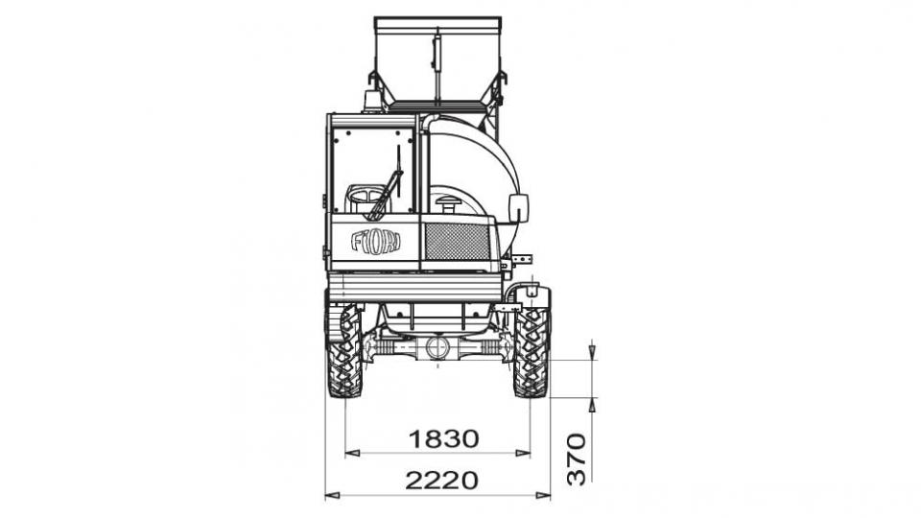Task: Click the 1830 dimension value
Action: point(443,438)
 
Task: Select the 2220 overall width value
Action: point(441,481)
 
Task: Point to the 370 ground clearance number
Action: point(577,459)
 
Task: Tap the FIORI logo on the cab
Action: point(376,242)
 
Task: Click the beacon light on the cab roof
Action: point(371,102)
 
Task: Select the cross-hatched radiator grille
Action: point(457,242)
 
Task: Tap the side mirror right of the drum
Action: point(518,208)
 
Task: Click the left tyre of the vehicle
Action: point(344,351)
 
